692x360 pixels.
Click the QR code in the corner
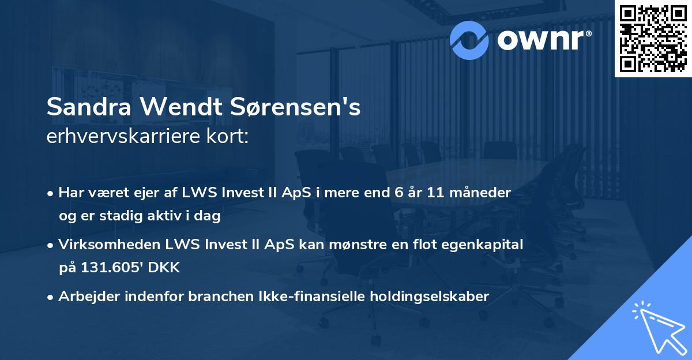tap(653, 39)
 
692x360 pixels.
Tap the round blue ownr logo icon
tap(469, 40)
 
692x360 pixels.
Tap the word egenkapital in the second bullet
tap(484, 245)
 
